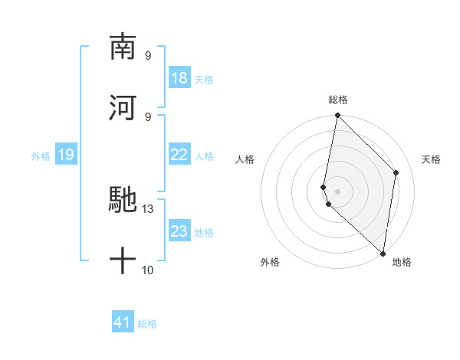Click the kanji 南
coord(123,47)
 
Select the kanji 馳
coord(123,200)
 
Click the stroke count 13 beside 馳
coord(148,209)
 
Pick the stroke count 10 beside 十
coord(148,270)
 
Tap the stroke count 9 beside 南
coord(148,55)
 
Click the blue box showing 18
coord(179,78)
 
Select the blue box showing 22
coord(179,155)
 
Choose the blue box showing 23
coord(179,231)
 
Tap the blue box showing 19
coord(66,155)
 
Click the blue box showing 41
coord(123,322)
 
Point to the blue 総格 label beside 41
coord(147,324)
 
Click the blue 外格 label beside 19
coord(41,155)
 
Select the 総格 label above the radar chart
coord(338,100)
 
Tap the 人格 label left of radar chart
coord(245,159)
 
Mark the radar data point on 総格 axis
coord(337,116)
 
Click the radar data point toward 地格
coord(383,254)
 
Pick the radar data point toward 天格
coord(396,172)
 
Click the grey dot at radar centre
coord(337,191)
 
